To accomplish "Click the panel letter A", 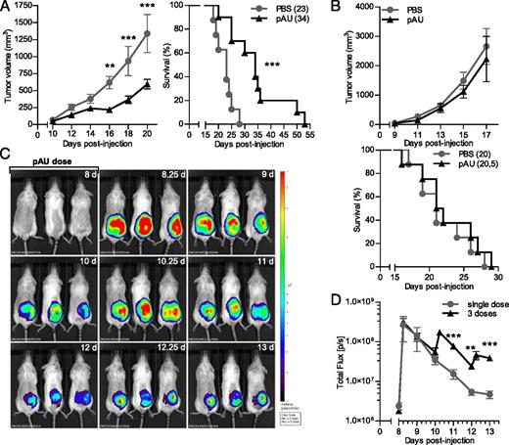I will tap(8, 9).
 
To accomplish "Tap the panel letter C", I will tap(7, 155).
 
